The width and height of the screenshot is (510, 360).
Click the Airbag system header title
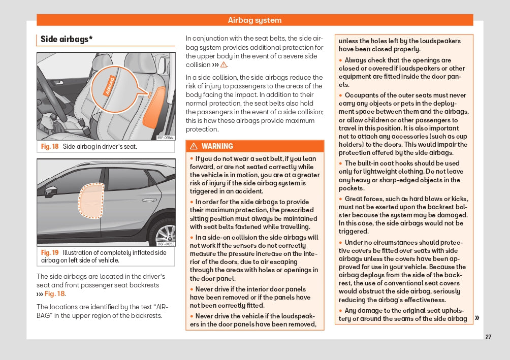coord(254,20)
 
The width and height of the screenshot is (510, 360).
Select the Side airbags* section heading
coord(66,39)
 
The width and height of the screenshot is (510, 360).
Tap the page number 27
coord(488,337)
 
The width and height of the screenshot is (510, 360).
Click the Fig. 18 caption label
coord(50,146)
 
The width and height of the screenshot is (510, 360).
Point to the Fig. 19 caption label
coord(50,252)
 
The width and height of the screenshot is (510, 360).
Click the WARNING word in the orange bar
coord(217,146)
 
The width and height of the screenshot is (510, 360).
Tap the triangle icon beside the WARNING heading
coord(194,146)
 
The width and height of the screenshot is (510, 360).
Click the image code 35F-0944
coord(166,138)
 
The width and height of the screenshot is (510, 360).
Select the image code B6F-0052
coord(166,244)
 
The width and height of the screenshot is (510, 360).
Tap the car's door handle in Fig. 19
coord(149,200)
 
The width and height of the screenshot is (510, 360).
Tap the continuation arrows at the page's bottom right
coord(477,318)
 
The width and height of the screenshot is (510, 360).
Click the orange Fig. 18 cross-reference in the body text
coord(54,293)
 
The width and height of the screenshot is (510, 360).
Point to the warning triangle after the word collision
coord(223,65)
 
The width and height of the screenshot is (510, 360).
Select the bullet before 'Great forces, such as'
coord(341,199)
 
